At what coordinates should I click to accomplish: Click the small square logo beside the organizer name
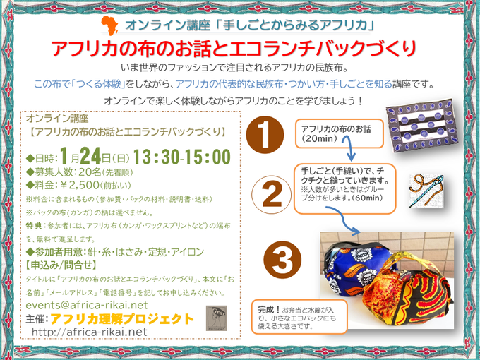tap(215, 318)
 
